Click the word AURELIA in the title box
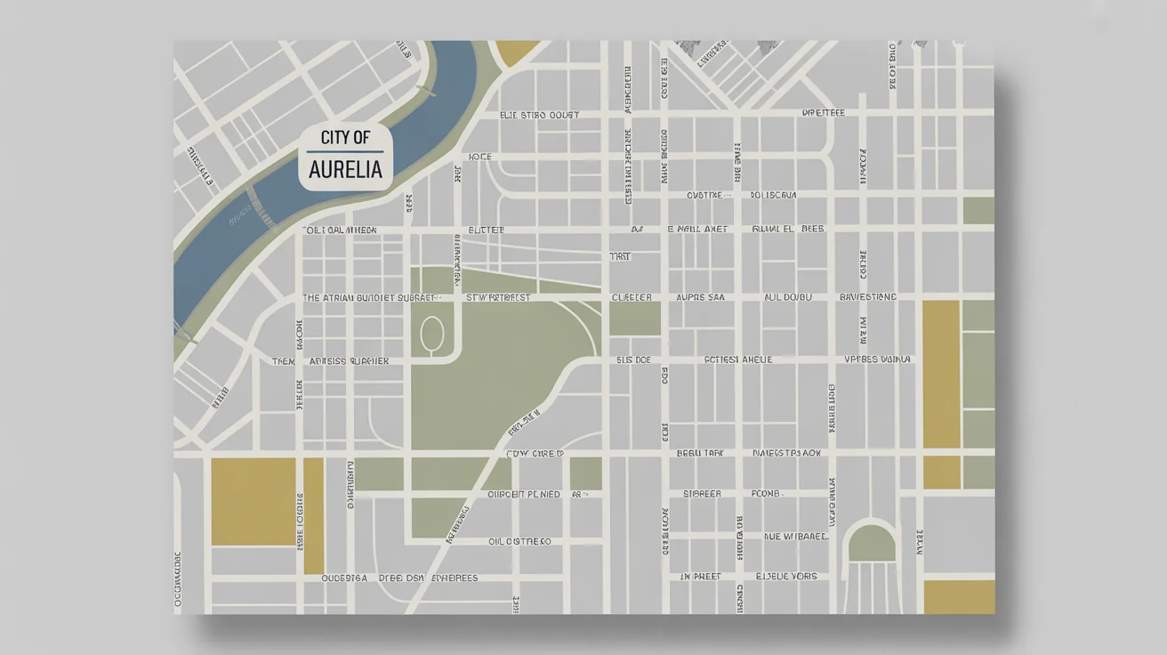(345, 169)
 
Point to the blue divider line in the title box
(345, 152)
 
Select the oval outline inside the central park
(431, 335)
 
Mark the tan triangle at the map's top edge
(516, 52)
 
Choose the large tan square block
(253, 501)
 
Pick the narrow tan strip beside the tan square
(314, 516)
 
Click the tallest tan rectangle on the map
(941, 374)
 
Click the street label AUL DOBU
(788, 297)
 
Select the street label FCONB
(765, 493)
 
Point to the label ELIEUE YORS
(786, 577)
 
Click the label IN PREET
(700, 577)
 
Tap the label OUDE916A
(344, 578)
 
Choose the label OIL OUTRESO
(519, 541)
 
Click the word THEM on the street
(283, 361)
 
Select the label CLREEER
(632, 297)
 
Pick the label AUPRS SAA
(700, 297)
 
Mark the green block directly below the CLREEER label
(635, 319)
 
